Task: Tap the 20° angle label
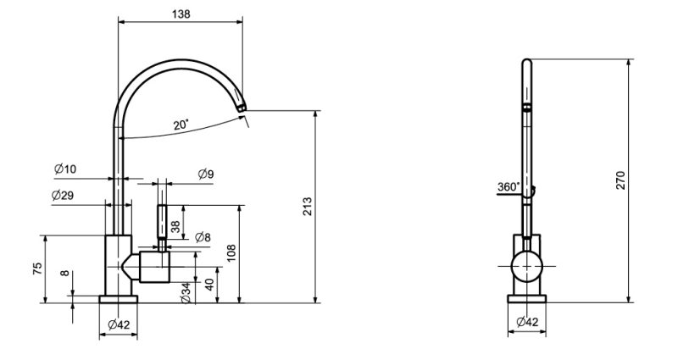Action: click(181, 125)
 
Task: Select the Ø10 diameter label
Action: click(65, 169)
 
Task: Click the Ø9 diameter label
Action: click(205, 174)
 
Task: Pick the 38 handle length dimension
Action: click(175, 226)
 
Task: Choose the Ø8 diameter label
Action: click(203, 237)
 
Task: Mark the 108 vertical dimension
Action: click(231, 252)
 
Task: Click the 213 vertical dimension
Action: click(307, 206)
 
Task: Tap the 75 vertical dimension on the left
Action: click(37, 269)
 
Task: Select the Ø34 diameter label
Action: click(185, 293)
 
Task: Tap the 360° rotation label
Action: click(508, 187)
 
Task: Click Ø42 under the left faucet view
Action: click(119, 324)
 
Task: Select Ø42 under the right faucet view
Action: click(527, 321)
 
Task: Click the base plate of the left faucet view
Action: click(119, 297)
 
